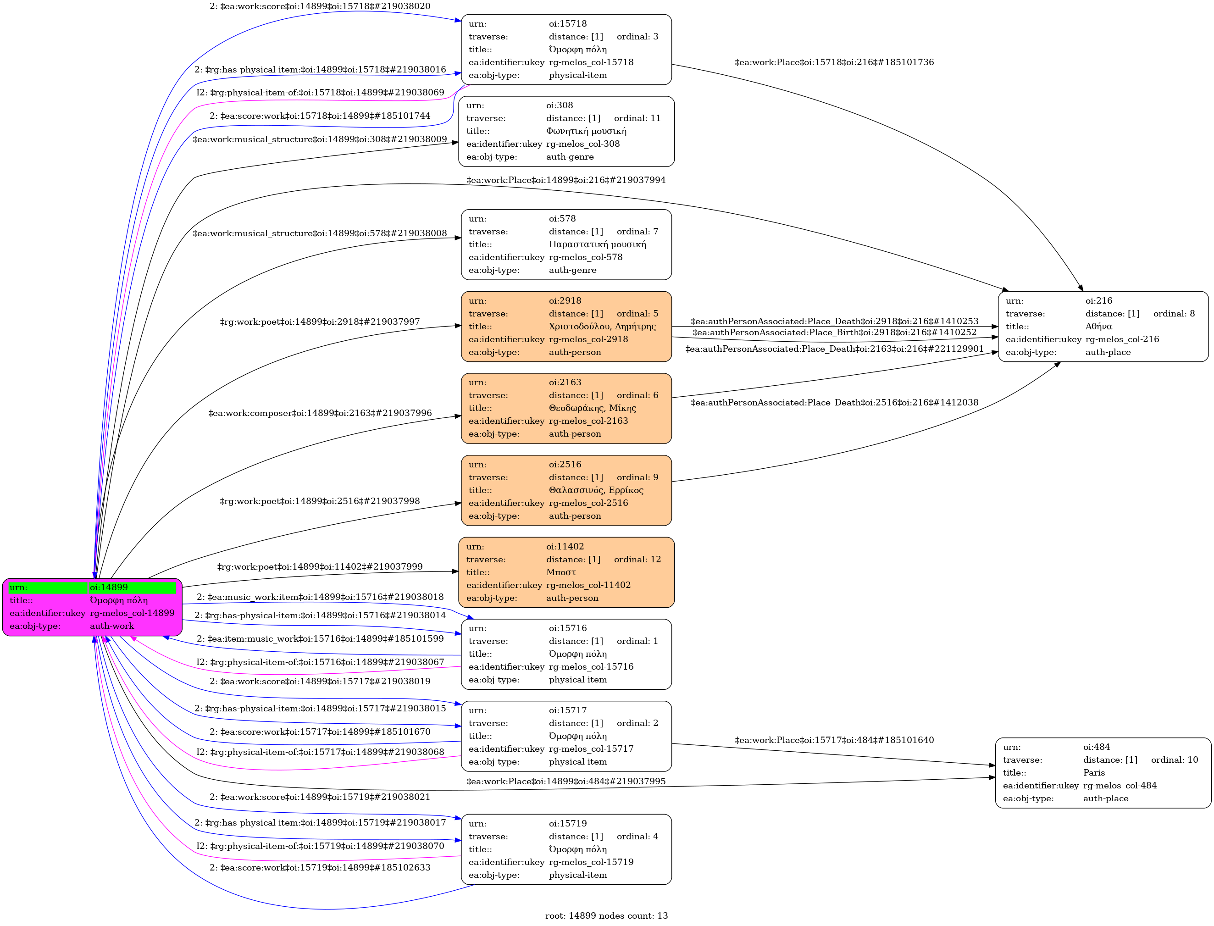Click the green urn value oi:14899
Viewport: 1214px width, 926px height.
tap(109, 588)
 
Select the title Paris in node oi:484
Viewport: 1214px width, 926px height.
tap(1094, 773)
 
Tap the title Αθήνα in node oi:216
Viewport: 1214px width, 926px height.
tap(1098, 326)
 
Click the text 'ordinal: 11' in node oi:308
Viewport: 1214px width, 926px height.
tap(637, 118)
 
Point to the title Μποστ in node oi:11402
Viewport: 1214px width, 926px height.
tap(561, 572)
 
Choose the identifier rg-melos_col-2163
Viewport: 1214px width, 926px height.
tap(588, 421)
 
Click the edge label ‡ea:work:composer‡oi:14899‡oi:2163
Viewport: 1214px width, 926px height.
tap(320, 413)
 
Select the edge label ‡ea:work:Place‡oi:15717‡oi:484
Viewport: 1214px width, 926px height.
tap(834, 740)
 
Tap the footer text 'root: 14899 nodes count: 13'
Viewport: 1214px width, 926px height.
tap(606, 915)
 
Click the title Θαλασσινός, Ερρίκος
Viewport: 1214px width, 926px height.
tap(596, 490)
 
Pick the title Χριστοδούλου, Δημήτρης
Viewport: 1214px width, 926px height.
tap(602, 326)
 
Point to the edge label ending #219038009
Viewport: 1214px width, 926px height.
tap(320, 139)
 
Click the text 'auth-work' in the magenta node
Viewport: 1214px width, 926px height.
tap(112, 626)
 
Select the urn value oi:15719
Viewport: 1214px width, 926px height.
tap(568, 823)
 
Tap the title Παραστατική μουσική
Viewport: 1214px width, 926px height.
tap(597, 244)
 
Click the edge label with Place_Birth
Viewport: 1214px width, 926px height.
tap(834, 333)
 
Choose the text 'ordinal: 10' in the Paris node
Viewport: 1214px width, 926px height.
tap(1174, 760)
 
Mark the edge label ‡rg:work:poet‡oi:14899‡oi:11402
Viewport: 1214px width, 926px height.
tap(320, 566)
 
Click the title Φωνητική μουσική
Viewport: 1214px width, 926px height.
tap(586, 131)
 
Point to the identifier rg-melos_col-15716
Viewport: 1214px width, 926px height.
tap(591, 666)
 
